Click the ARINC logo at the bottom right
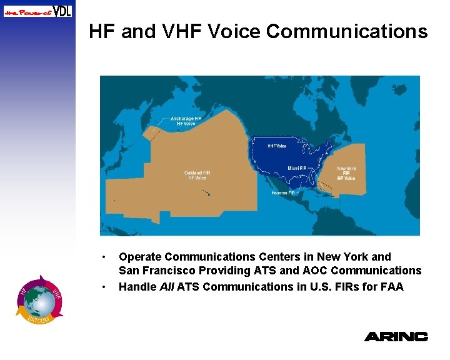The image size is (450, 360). (396, 336)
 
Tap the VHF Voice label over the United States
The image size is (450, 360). (277, 146)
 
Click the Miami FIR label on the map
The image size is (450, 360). (297, 168)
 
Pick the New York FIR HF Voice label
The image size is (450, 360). (346, 173)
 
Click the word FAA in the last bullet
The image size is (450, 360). (391, 287)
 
